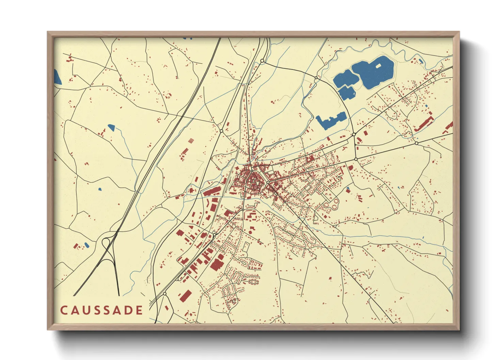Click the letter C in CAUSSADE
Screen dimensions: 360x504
coord(64,310)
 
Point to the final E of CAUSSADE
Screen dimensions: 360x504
coord(139,310)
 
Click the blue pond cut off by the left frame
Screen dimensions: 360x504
coord(57,77)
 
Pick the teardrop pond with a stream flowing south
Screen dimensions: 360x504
coord(111,128)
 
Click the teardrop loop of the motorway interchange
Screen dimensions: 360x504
coord(106,242)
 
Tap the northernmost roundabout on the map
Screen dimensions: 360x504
coord(262,61)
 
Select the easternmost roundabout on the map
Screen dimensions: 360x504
coord(416,143)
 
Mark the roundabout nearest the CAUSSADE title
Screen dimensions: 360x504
coord(164,293)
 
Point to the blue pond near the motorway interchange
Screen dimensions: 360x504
coord(86,245)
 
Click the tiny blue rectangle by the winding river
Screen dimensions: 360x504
coord(421,61)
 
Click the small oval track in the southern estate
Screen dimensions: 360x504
coord(253,282)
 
